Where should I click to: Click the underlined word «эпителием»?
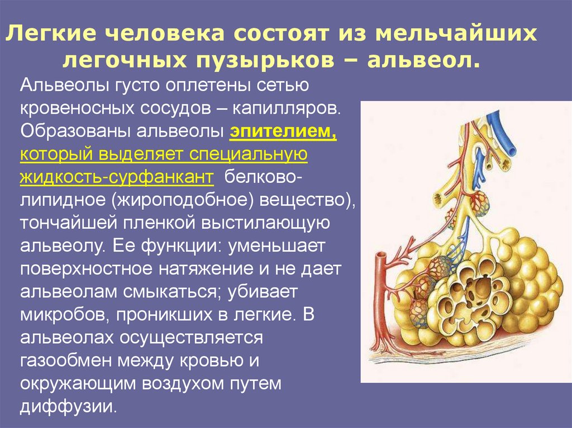tap(282, 132)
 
